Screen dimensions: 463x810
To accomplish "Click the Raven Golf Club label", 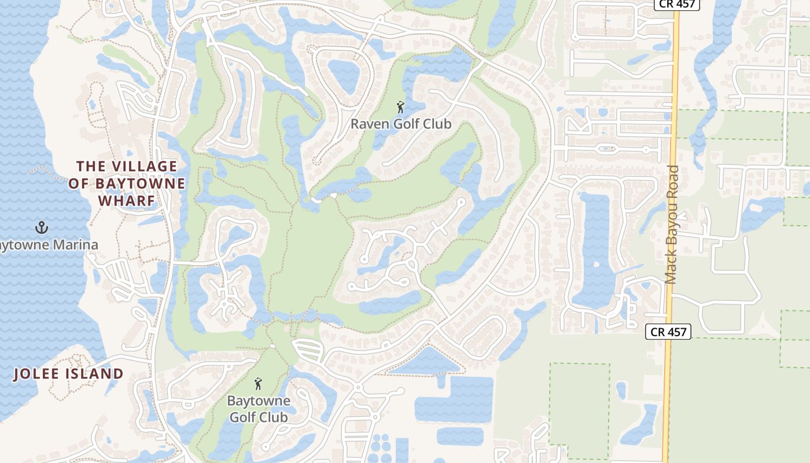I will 400,124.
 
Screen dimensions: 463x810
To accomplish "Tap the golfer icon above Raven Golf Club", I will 400,107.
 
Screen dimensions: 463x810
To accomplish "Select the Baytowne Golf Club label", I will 259,409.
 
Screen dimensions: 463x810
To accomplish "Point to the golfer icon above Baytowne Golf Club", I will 258,384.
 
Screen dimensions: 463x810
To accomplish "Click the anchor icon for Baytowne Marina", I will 41,227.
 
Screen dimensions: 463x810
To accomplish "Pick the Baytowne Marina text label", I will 49,245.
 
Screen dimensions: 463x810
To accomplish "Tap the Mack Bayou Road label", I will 672,225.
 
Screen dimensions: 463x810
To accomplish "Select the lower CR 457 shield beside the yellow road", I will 668,332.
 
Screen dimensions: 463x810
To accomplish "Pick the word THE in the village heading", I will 91,167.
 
